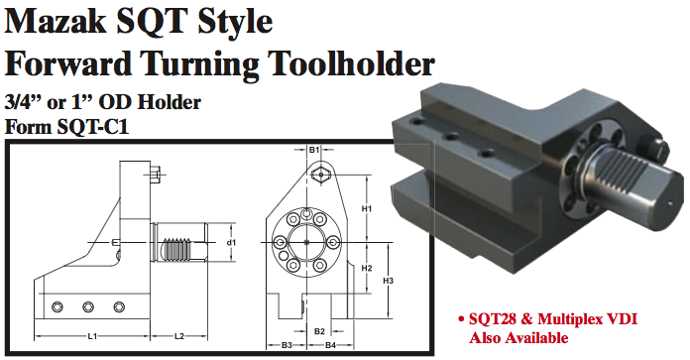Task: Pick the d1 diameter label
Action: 231,242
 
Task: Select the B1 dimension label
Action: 313,151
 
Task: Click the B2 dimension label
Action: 319,330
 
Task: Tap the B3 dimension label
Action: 287,345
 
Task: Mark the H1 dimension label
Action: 367,209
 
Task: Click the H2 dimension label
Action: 367,268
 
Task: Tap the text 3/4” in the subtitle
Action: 24,101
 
